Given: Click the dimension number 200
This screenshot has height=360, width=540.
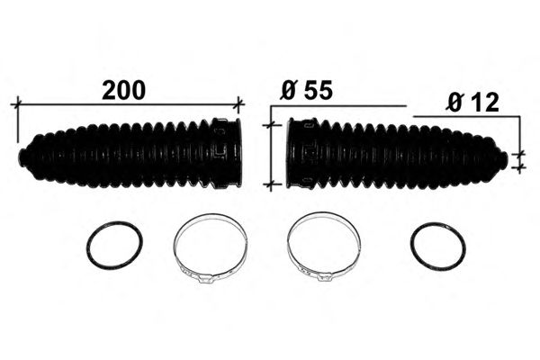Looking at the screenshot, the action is (124, 90).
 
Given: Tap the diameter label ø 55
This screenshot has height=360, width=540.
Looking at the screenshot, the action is (307, 90).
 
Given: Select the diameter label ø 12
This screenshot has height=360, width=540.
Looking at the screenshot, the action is (472, 103).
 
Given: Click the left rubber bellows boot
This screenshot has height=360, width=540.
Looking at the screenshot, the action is (130, 154).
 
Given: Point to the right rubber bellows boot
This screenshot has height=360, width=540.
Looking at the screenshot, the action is (397, 154).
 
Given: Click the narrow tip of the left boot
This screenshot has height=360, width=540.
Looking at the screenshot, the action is (22, 157).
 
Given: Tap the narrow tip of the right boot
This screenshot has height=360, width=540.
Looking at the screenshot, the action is (503, 160).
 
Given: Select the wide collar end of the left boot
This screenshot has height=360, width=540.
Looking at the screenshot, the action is (228, 154).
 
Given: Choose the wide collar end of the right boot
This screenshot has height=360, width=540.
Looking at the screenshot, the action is (301, 154).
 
